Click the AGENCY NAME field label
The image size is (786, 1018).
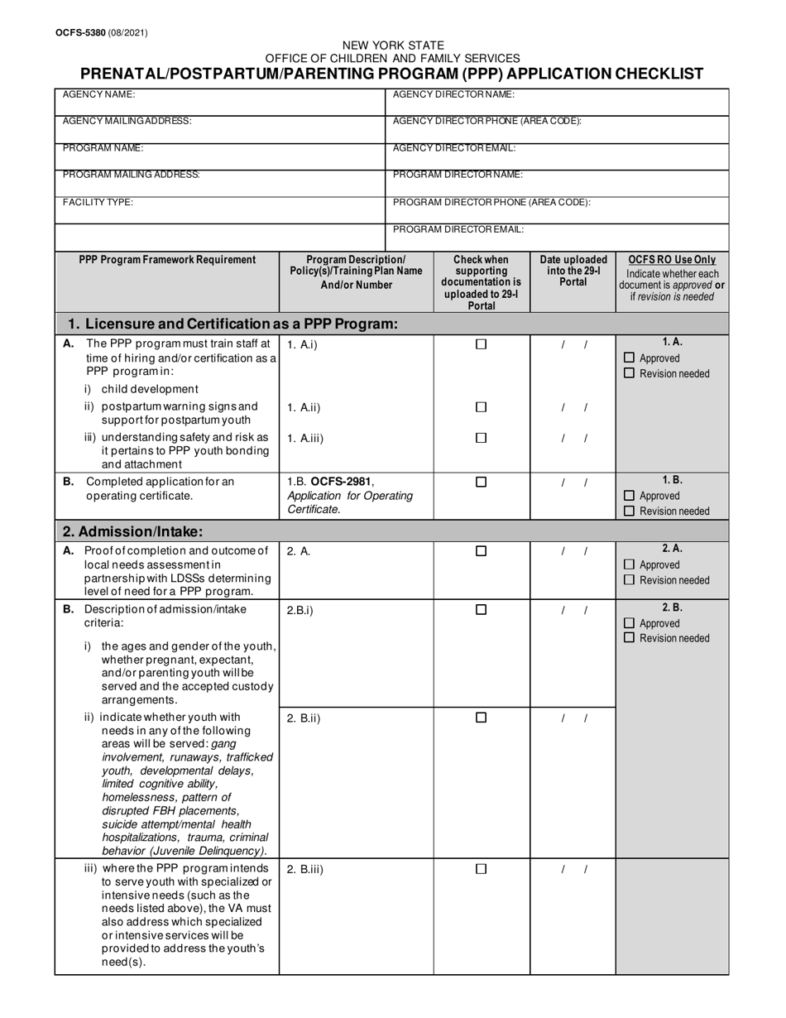(x=98, y=95)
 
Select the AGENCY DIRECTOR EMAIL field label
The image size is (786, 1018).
(x=454, y=148)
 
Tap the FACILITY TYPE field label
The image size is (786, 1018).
(x=98, y=202)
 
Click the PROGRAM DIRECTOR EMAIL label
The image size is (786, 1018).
(x=458, y=229)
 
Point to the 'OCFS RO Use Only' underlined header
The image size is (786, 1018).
(x=672, y=260)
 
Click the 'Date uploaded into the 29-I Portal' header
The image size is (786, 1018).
(x=573, y=271)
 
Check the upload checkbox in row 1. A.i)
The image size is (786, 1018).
(x=481, y=345)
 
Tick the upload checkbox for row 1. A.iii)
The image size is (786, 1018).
(x=481, y=438)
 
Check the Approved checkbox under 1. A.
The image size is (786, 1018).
(x=629, y=358)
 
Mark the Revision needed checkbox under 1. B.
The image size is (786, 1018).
(x=629, y=511)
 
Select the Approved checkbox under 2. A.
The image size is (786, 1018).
(x=629, y=565)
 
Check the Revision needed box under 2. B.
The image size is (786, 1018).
(x=629, y=638)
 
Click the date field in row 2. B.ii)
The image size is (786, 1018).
(x=573, y=718)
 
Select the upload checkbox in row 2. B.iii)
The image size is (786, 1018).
(x=481, y=869)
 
